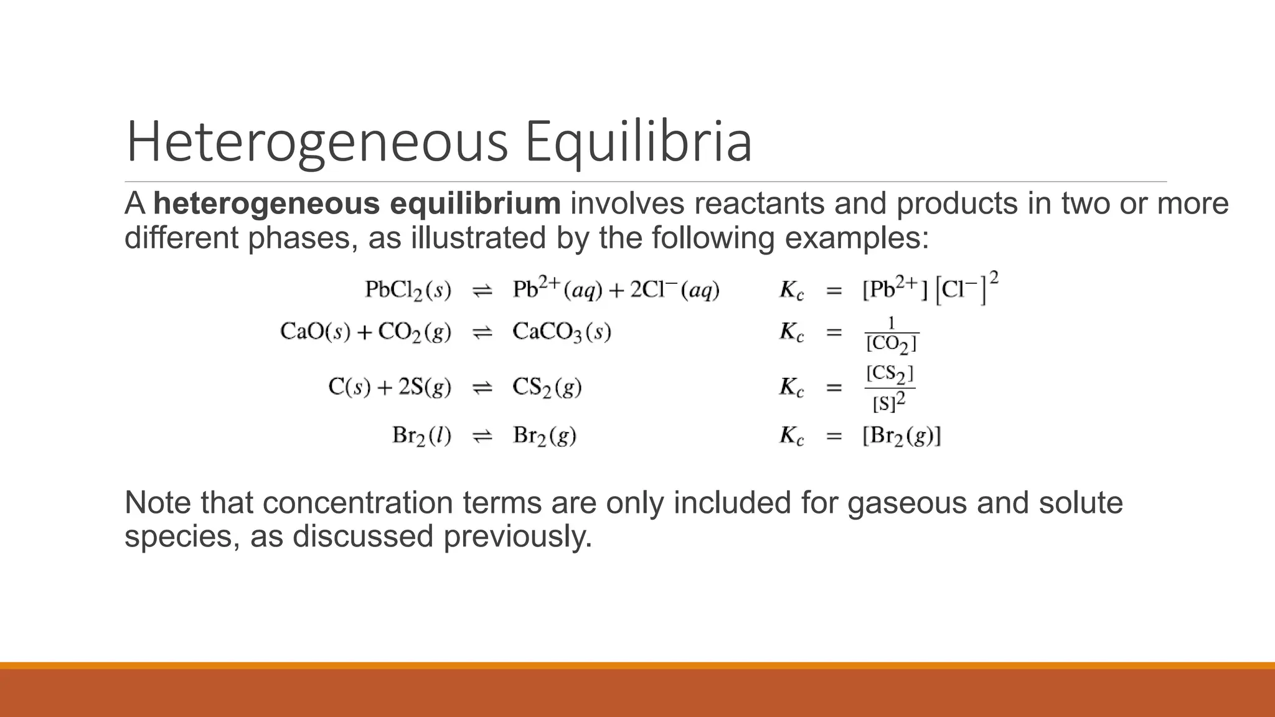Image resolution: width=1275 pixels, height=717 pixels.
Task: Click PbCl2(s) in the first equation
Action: (408, 290)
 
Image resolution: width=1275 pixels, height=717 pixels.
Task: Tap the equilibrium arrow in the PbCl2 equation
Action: (482, 291)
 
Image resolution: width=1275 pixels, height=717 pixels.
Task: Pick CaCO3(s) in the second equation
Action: (562, 332)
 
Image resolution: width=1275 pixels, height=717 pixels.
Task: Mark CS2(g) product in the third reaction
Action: (547, 387)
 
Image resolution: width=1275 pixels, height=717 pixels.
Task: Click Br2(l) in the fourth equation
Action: (421, 435)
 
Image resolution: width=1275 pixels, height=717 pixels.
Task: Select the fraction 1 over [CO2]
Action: (891, 334)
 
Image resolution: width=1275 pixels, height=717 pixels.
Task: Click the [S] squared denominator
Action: (888, 403)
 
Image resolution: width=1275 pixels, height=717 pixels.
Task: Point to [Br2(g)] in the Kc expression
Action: (901, 435)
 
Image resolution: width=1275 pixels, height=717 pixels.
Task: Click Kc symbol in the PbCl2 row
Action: (791, 291)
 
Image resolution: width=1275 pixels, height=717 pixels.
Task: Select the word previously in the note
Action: (517, 536)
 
